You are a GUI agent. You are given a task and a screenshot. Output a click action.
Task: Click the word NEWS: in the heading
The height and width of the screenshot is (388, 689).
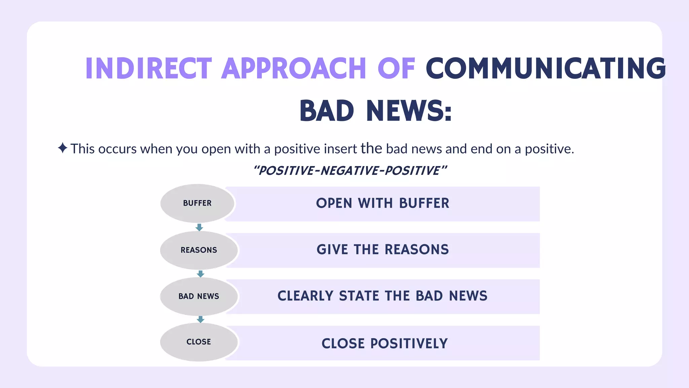(409, 111)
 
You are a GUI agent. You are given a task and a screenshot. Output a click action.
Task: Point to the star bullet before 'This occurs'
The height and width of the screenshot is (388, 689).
(62, 148)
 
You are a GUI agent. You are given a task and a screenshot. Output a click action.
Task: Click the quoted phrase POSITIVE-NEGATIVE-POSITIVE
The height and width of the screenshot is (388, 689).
(350, 171)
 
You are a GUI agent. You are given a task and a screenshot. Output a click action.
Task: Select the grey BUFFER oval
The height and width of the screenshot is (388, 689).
(197, 203)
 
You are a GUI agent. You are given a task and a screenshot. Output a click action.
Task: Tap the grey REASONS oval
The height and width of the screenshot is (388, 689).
(199, 250)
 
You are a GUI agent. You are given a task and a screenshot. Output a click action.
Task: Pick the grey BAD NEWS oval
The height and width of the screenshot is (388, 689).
(199, 296)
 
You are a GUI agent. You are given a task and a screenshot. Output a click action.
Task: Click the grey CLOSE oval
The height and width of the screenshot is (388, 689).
(199, 342)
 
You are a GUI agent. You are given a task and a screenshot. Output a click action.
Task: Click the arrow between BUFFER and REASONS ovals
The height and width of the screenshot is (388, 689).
(199, 227)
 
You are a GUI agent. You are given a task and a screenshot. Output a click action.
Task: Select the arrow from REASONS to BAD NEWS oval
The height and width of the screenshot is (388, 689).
(201, 274)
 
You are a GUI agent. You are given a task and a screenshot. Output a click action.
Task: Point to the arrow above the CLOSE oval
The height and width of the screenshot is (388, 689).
(201, 319)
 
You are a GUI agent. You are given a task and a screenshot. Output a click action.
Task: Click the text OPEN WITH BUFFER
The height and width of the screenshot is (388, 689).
(383, 203)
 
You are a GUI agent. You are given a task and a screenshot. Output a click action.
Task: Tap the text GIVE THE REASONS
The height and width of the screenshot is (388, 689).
(383, 250)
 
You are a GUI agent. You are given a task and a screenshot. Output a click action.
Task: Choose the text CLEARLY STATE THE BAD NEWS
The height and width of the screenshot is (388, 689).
(382, 296)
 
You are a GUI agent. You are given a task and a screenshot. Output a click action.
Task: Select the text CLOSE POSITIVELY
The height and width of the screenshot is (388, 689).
(385, 344)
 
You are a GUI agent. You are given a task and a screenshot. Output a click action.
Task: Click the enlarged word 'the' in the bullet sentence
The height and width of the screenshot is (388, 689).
(371, 148)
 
